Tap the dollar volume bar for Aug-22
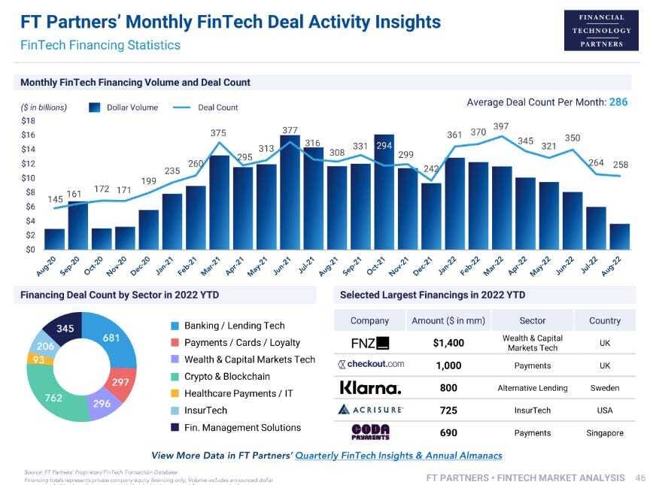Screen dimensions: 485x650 619,237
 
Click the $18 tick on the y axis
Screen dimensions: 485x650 28,121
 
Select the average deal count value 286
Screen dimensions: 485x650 618,102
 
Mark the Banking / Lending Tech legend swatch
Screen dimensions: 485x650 175,326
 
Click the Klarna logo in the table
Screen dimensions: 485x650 371,388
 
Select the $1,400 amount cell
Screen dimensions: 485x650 449,343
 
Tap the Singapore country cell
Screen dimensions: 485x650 605,433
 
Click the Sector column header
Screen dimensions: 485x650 533,320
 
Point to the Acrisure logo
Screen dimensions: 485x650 371,411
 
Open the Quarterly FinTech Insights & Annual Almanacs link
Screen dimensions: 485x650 399,456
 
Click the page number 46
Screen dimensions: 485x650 641,477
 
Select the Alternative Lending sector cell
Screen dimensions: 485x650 533,388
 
